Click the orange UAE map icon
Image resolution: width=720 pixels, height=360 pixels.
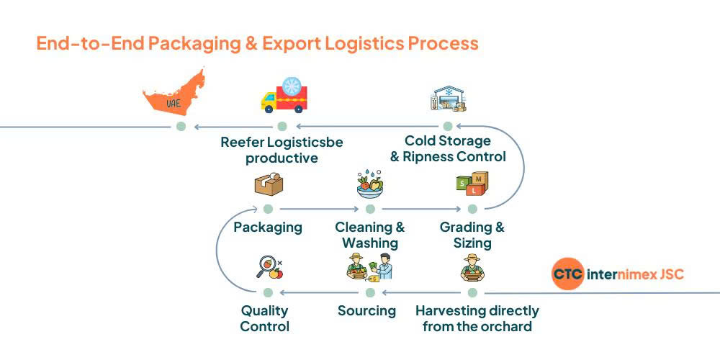[173, 94]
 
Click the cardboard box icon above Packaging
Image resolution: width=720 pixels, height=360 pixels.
[268, 184]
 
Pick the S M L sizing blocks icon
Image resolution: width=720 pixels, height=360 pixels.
[472, 184]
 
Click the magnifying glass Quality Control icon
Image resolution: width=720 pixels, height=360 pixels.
[269, 268]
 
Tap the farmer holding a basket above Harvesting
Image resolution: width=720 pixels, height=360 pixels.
[472, 268]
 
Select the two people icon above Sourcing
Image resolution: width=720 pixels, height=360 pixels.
[370, 268]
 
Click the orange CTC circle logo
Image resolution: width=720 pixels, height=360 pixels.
[568, 274]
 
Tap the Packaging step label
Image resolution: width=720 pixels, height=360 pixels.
[268, 228]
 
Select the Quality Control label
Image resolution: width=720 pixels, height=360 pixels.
[264, 318]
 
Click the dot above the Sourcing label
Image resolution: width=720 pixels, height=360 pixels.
[370, 292]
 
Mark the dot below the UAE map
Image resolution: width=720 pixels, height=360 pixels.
[181, 127]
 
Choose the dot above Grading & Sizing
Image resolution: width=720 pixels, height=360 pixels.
[472, 209]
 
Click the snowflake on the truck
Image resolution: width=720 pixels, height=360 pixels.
[292, 87]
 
